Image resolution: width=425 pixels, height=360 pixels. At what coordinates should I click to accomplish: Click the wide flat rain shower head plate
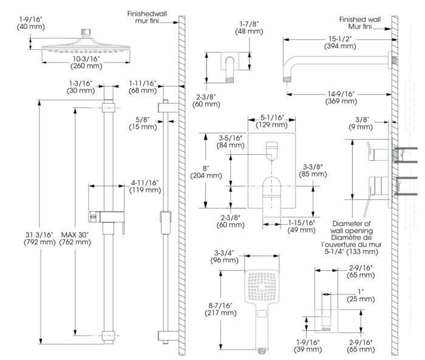click(85, 47)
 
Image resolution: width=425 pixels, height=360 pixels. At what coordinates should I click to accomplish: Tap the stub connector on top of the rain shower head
click(85, 30)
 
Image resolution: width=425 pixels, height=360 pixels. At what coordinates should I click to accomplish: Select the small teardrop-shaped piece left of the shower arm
click(231, 65)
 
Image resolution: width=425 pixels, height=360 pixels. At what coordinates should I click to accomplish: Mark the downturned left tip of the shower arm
click(285, 74)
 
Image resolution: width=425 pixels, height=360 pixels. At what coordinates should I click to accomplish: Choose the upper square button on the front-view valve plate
click(271, 149)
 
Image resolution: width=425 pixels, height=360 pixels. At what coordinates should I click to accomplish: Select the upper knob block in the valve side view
click(373, 153)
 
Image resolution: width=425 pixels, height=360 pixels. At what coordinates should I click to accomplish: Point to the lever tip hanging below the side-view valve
click(363, 213)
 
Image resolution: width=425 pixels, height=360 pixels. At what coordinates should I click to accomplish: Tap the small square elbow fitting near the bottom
click(325, 321)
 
